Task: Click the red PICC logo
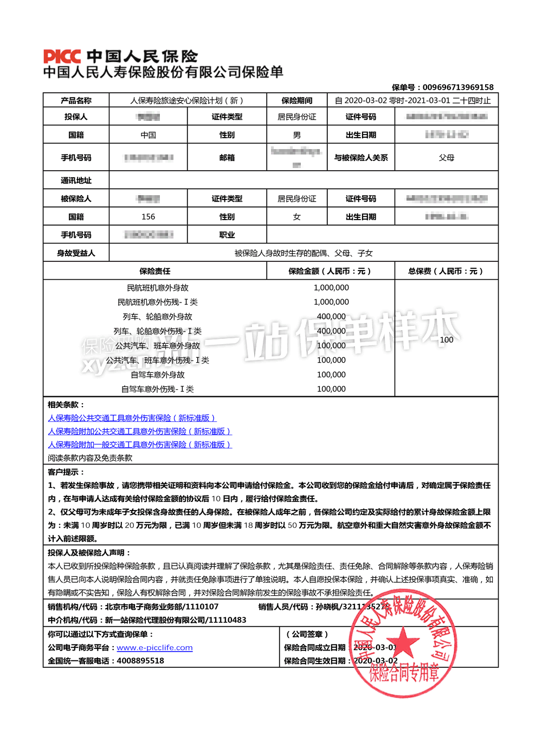coord(62,56)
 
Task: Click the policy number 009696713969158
coord(458,87)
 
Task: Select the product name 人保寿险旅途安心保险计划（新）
coord(187,100)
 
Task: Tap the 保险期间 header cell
coord(296,100)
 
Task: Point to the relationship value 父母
coord(446,158)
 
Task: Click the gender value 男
coord(296,135)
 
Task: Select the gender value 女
coord(296,217)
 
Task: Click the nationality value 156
coord(148,217)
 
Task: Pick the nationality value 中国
coord(148,135)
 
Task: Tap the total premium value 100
coord(446,340)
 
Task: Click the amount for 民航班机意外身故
coord(331,288)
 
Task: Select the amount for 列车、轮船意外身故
coord(331,317)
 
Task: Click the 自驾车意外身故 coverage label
coord(157,375)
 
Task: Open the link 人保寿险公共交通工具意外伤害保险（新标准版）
coord(132,418)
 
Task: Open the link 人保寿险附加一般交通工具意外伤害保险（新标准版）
coord(139,445)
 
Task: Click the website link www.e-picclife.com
coord(154,648)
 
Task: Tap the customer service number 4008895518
coord(140,661)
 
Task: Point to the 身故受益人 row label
coord(76,253)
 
